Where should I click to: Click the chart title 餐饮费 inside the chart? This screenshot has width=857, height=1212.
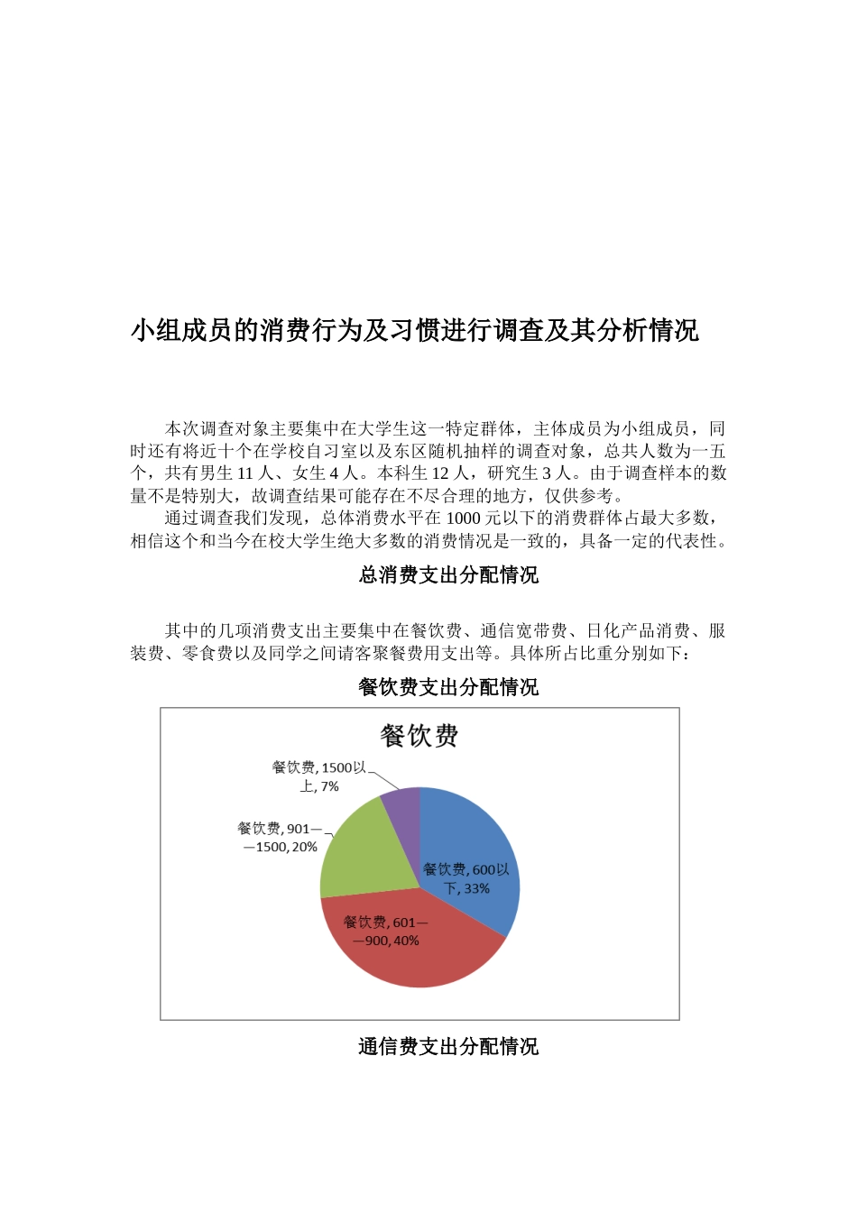coord(419,736)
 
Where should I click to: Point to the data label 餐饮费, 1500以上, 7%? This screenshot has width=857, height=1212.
coord(319,776)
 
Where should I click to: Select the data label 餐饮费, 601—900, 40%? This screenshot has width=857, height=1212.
coord(385,931)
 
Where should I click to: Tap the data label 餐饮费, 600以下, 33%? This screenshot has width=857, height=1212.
coord(466,878)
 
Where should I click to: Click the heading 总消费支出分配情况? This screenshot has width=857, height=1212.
coord(448,574)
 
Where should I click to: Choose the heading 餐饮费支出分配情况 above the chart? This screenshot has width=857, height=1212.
coord(448,687)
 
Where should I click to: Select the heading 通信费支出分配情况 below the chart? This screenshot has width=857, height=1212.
coord(448,1046)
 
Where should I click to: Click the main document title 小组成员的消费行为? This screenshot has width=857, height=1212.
coord(415,330)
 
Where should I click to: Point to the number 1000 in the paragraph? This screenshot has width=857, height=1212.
coord(463,518)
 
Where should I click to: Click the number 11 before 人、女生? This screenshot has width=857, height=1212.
coord(245,473)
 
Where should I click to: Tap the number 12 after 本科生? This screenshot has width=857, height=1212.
coord(440,473)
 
